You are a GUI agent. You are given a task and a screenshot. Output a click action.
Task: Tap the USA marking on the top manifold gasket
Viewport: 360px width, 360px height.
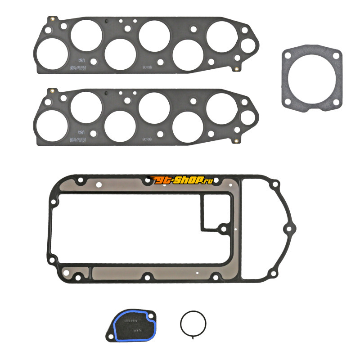click(x=81, y=61)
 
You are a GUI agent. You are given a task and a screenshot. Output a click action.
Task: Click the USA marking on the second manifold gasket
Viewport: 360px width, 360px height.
click(x=81, y=132)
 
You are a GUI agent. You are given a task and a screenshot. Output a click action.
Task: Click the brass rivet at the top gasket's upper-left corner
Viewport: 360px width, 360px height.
click(x=53, y=19)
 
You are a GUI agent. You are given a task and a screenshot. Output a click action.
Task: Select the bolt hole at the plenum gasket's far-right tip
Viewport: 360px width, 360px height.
click(x=287, y=229)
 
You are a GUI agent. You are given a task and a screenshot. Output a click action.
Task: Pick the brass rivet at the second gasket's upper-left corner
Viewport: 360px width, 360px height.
click(x=53, y=90)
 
